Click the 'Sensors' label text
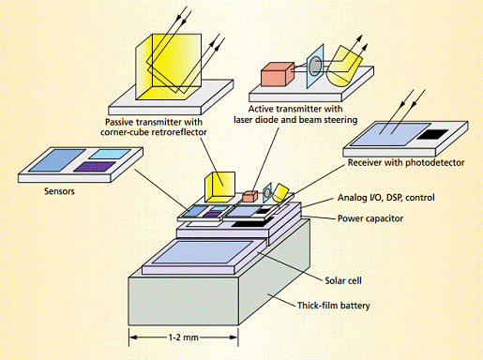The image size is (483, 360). (59, 191)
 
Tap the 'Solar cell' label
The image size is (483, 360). (343, 280)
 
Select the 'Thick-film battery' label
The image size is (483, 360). (334, 305)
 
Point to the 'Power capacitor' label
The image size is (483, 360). (370, 218)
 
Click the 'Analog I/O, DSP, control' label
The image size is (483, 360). (386, 198)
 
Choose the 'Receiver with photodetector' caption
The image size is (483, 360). (406, 162)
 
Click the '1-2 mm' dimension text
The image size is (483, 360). (184, 337)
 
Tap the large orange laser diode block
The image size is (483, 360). (278, 74)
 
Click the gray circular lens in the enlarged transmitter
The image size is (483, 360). (315, 67)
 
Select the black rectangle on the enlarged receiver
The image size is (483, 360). (433, 134)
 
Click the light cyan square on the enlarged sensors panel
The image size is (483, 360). (111, 154)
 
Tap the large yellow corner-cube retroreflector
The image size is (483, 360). (169, 67)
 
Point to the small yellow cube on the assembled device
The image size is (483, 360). (219, 187)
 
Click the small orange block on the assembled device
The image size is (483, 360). (250, 196)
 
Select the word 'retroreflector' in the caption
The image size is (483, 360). (180, 132)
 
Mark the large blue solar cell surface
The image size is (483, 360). (203, 251)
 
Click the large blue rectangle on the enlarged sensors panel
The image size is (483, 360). (57, 160)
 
